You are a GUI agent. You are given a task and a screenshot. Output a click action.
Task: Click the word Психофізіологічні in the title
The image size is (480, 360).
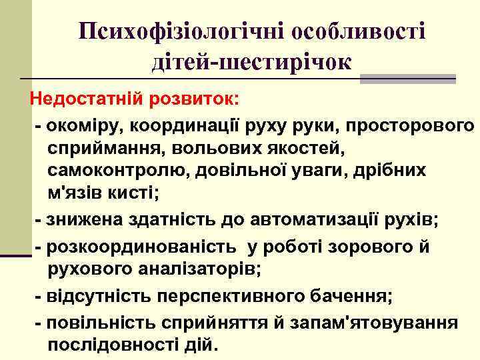[171, 31]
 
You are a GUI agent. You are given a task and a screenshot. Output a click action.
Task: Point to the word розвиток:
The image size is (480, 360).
[196, 100]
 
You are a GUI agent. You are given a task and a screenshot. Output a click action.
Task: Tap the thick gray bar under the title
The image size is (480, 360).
[407, 79]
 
